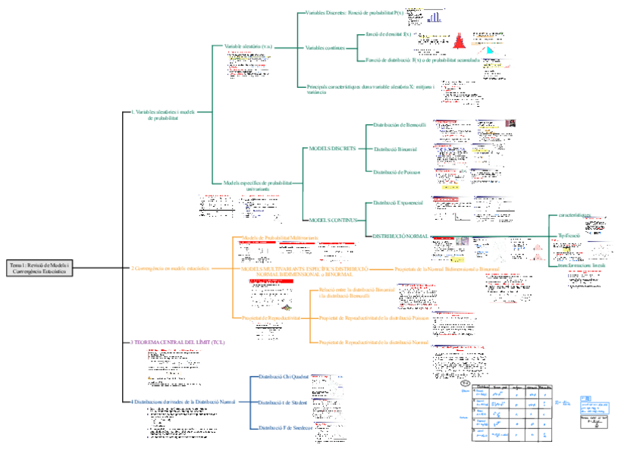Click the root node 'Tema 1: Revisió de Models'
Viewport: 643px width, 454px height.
point(39,268)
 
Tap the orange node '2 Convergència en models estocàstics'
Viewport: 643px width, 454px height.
point(170,268)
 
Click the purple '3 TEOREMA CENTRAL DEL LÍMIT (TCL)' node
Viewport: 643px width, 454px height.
point(177,342)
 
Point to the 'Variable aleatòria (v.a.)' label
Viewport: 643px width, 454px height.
point(248,46)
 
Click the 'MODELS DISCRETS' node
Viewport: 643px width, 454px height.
point(331,149)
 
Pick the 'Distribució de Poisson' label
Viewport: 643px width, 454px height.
point(396,172)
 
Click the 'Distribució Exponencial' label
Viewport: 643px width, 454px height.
point(397,203)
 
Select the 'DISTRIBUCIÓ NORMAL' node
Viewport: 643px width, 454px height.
point(399,236)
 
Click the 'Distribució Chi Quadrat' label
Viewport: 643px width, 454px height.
point(283,377)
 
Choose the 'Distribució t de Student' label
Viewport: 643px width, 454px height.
point(283,402)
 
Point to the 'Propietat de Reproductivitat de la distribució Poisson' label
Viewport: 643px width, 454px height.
point(373,318)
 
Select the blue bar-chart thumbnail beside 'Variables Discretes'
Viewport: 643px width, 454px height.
point(435,17)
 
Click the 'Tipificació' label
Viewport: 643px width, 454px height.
point(569,236)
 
